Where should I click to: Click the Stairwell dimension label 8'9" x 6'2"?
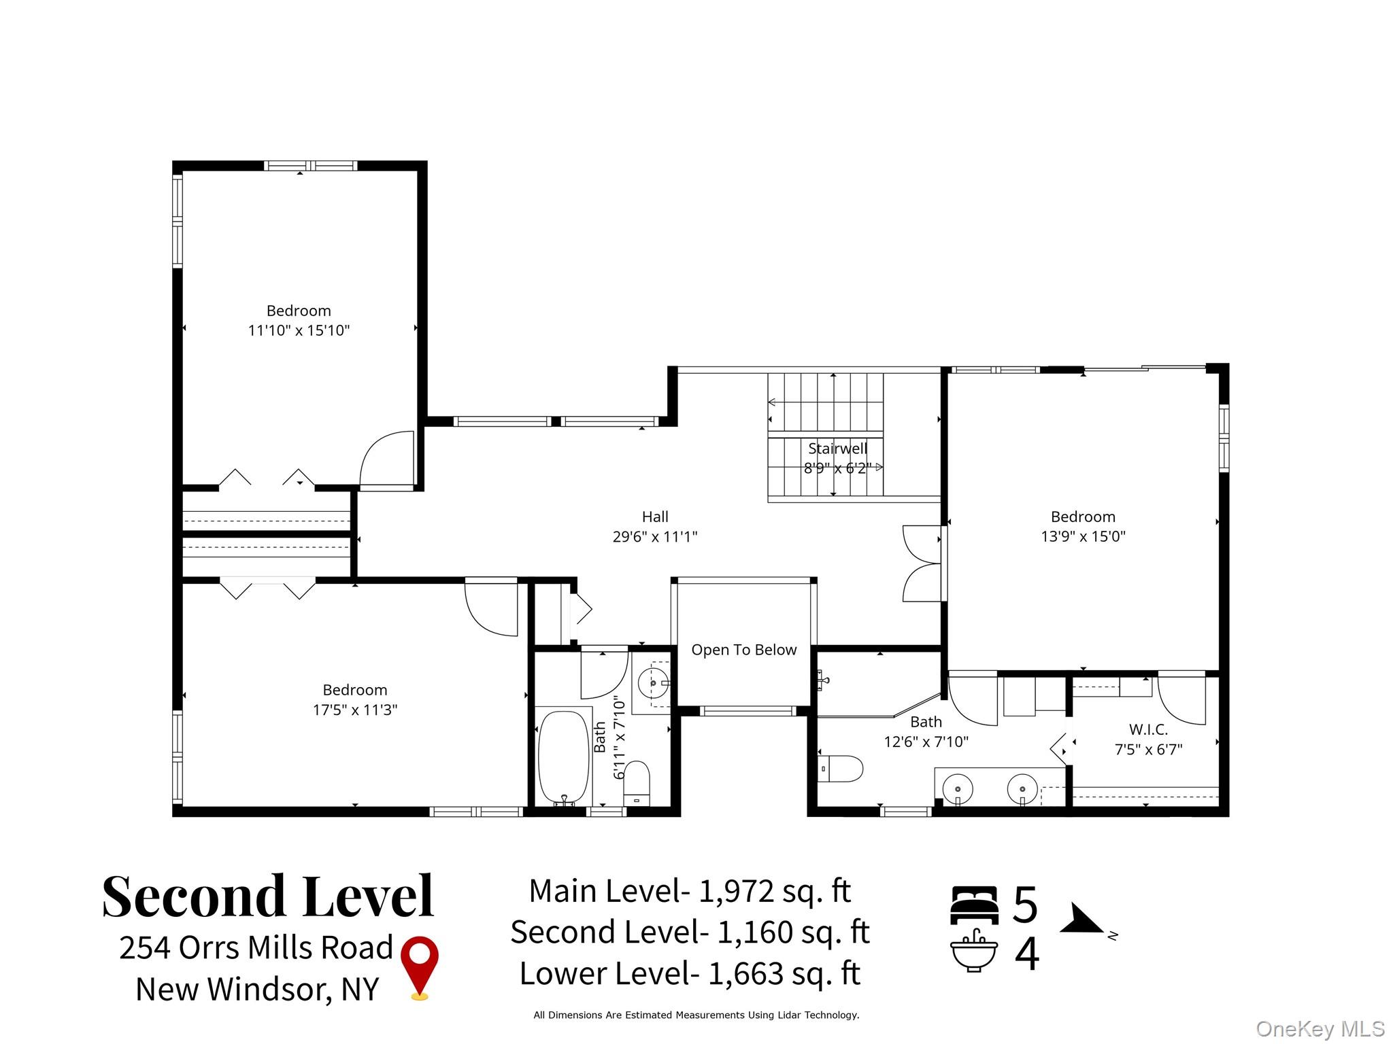point(837,468)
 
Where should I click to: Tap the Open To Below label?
point(743,650)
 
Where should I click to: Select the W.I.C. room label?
point(1148,729)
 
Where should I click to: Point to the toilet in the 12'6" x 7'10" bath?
point(842,769)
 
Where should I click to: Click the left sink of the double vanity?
point(958,790)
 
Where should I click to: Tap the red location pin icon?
point(420,966)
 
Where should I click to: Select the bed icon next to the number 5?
point(974,905)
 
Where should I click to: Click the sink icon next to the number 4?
point(974,952)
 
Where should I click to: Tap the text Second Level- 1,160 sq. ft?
point(690,932)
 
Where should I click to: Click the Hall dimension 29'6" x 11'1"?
point(654,536)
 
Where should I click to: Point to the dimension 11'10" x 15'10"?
point(299,330)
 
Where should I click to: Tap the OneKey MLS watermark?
point(1320,1029)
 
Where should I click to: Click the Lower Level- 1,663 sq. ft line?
point(690,973)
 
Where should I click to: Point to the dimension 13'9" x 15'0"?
point(1083,536)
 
